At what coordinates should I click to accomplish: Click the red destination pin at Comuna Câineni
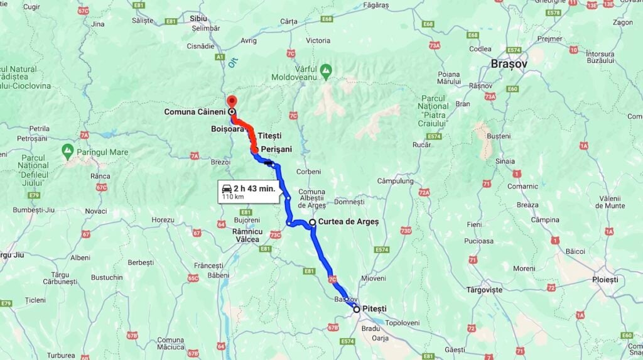pyautogui.click(x=231, y=101)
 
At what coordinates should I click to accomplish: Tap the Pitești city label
pyautogui.click(x=374, y=308)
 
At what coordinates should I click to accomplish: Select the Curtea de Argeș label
pyautogui.click(x=349, y=222)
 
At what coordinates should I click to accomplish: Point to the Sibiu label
pyautogui.click(x=198, y=18)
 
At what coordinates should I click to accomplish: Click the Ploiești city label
pyautogui.click(x=605, y=279)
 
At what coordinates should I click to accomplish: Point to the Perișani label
pyautogui.click(x=276, y=149)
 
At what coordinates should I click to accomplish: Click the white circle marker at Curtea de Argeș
pyautogui.click(x=312, y=222)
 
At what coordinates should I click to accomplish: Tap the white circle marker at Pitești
pyautogui.click(x=357, y=309)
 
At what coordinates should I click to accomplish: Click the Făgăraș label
pyautogui.click(x=376, y=5)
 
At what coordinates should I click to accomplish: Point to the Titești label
pyautogui.click(x=269, y=136)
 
